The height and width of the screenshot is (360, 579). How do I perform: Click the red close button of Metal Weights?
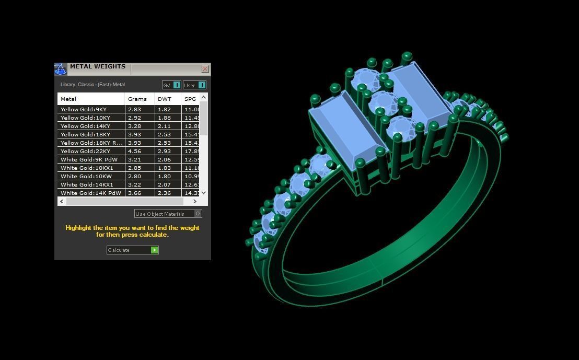tap(205, 68)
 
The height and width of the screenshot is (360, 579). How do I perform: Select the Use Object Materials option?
tap(168, 214)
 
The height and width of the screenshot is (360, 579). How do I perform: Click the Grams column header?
tap(137, 99)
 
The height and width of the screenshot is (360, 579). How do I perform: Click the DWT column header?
tap(165, 99)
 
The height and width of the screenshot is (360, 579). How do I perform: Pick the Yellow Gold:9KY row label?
tap(84, 109)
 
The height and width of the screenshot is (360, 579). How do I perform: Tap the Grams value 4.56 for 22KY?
tap(135, 151)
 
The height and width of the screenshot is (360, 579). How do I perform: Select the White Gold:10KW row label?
tap(86, 176)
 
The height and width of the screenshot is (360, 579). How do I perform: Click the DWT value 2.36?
tap(165, 193)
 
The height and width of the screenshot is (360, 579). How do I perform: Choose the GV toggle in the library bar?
tap(171, 85)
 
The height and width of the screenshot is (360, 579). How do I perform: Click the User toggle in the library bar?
tap(194, 85)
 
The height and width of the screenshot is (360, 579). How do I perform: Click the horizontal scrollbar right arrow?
tap(195, 201)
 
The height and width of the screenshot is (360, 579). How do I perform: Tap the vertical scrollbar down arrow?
tap(203, 193)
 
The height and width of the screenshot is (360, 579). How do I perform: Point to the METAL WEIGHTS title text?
tap(98, 67)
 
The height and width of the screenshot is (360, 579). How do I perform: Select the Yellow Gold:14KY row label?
tap(85, 126)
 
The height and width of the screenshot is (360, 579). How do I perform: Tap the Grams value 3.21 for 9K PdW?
tap(135, 159)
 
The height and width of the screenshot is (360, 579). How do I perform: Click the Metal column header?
tap(68, 99)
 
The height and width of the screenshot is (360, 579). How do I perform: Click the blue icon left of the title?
tap(61, 69)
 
